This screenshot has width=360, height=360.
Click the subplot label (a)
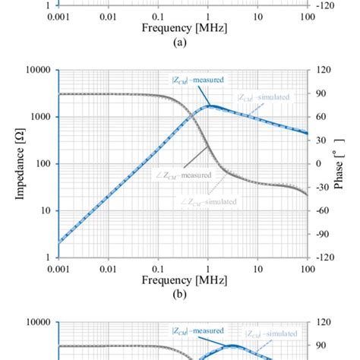tap(182, 43)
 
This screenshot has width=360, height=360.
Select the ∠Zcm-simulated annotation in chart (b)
tap(209, 201)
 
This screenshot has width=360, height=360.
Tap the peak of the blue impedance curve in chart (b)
tap(210, 106)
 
